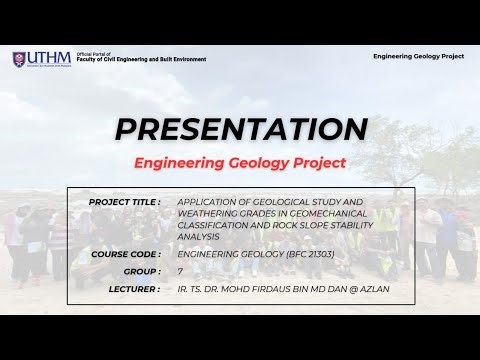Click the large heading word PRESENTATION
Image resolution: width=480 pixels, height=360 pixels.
click(239, 128)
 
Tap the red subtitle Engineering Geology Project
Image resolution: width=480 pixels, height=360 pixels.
click(239, 162)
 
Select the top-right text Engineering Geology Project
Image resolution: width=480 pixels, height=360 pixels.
click(418, 57)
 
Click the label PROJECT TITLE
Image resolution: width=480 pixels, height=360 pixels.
click(125, 201)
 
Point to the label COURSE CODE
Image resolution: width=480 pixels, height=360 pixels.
click(126, 254)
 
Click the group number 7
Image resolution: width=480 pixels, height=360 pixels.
click(180, 271)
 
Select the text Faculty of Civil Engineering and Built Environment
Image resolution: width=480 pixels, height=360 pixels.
click(141, 60)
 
